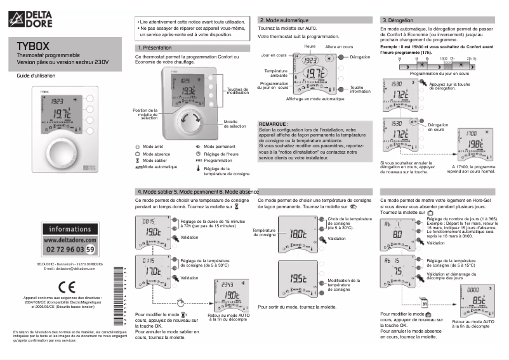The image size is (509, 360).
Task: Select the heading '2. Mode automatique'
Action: click(285, 20)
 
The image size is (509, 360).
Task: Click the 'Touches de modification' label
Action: click(238, 91)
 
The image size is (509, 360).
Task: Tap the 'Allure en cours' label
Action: click(339, 47)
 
